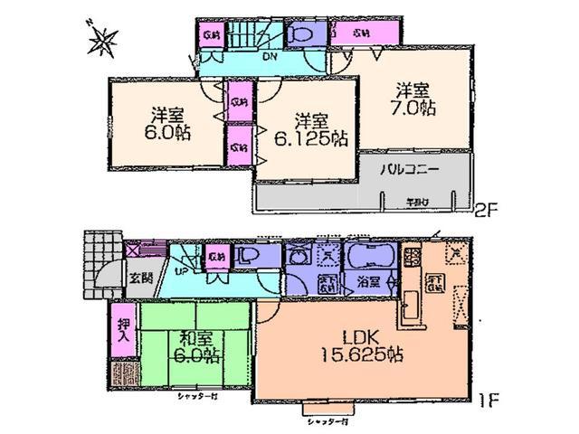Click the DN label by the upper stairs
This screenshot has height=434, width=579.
coord(269,58)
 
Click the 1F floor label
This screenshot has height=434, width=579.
coord(488,394)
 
